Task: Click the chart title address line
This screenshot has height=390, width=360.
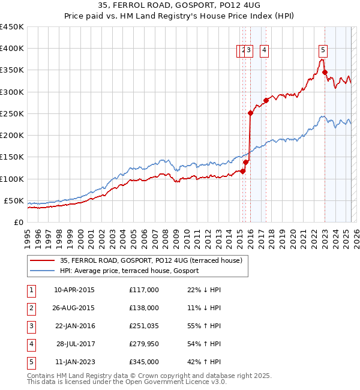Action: [180, 5]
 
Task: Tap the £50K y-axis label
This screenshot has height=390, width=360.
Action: [14, 200]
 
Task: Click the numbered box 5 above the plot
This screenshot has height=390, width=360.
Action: [323, 51]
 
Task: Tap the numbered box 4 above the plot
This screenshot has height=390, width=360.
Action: [264, 51]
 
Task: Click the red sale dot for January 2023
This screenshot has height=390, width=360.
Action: [325, 73]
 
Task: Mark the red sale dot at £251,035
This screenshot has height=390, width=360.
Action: [250, 113]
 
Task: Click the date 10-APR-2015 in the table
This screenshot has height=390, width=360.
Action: [74, 290]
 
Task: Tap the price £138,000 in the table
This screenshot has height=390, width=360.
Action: [143, 308]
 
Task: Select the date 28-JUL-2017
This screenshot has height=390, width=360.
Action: [74, 344]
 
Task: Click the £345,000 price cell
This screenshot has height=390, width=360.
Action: [143, 362]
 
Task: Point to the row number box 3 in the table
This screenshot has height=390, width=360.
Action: [31, 326]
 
